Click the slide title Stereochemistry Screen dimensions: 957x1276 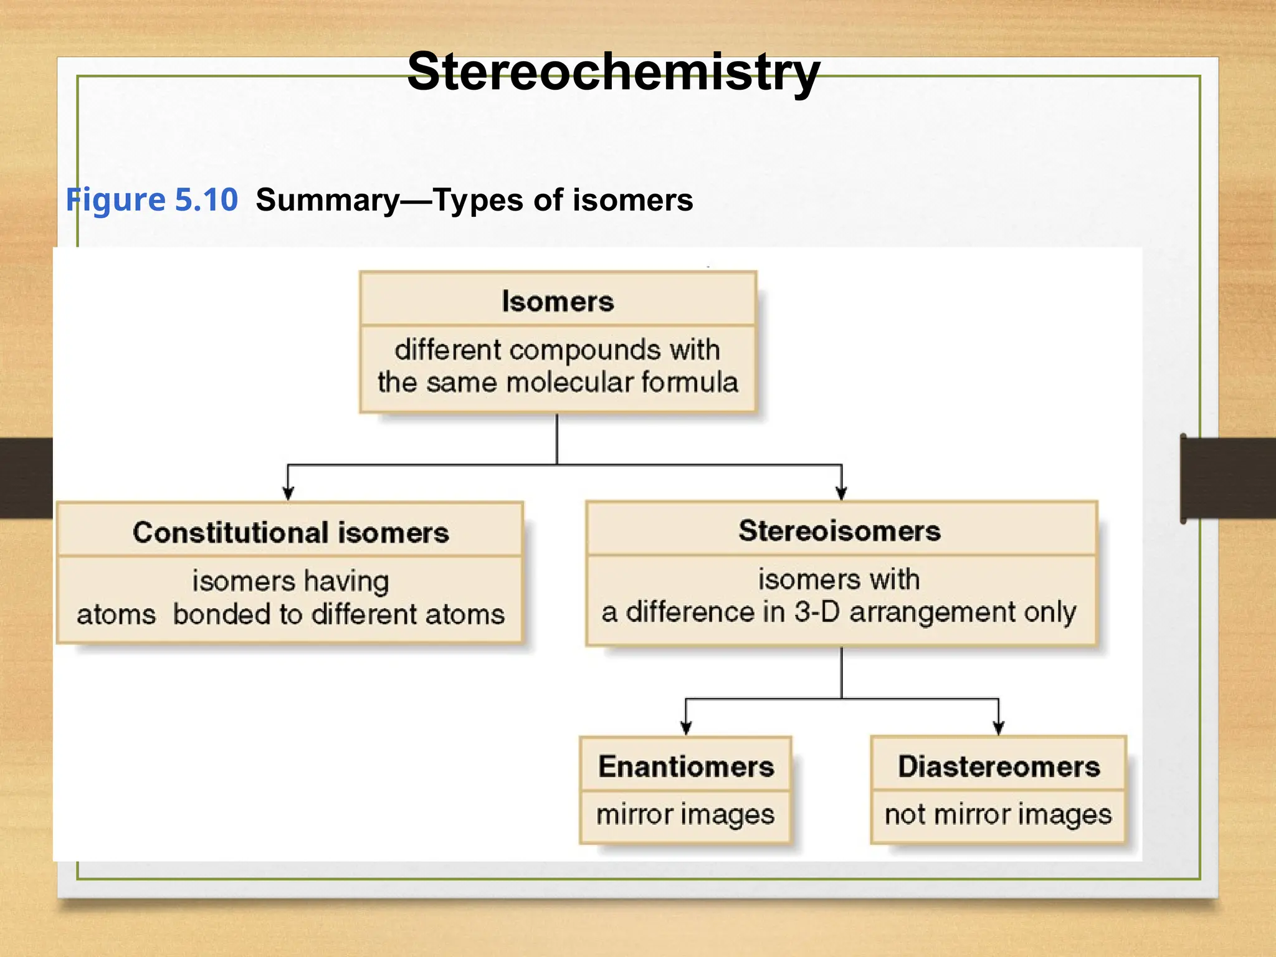tap(613, 72)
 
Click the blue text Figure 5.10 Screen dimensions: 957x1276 tap(152, 200)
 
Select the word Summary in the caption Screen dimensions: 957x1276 tap(328, 201)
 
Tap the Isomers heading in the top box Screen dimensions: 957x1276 tap(558, 302)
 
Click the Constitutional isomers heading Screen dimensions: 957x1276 tap(290, 533)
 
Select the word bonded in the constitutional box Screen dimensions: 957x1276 tap(221, 614)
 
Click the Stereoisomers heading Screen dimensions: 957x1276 tap(839, 531)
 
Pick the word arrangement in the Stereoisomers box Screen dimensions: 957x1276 tap(932, 612)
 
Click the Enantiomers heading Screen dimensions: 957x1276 tap(685, 766)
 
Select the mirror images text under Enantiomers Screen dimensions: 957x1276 tap(685, 814)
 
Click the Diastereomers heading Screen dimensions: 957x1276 tap(999, 766)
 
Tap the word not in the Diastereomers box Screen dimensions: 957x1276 tap(905, 814)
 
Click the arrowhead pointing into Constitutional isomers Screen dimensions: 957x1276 tap(288, 493)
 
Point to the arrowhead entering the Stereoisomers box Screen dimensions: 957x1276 tap(841, 493)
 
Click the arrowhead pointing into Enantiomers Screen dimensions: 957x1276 tap(686, 727)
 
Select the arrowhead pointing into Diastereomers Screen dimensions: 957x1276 tap(999, 727)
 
